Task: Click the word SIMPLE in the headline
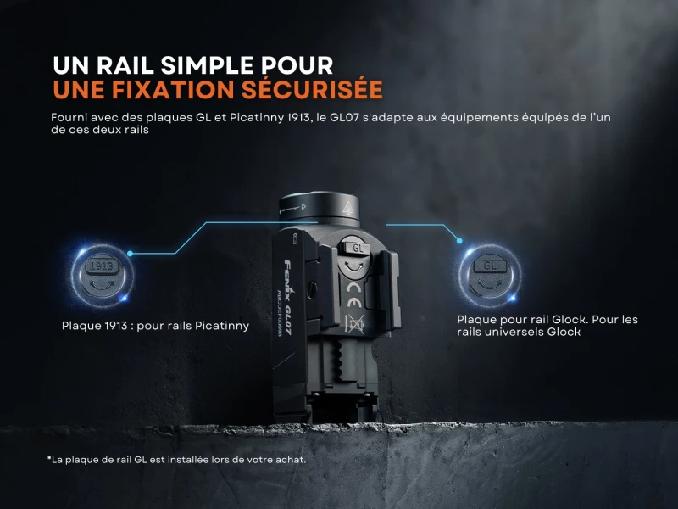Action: (x=207, y=66)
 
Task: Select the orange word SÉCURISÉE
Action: (x=312, y=89)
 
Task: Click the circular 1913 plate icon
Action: (x=102, y=276)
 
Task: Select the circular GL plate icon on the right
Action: (x=490, y=276)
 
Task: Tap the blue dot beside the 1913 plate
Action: (x=130, y=253)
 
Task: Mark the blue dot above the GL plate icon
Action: (x=459, y=241)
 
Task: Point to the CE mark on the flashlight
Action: (x=353, y=294)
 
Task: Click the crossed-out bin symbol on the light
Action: (x=354, y=324)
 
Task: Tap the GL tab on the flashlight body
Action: (x=357, y=249)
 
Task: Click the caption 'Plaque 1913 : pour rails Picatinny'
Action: (x=155, y=326)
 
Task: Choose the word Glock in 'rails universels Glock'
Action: (x=564, y=332)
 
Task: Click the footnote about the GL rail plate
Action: (x=176, y=460)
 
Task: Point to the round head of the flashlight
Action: (x=320, y=208)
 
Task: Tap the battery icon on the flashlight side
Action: (x=296, y=238)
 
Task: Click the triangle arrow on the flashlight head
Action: (x=303, y=206)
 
